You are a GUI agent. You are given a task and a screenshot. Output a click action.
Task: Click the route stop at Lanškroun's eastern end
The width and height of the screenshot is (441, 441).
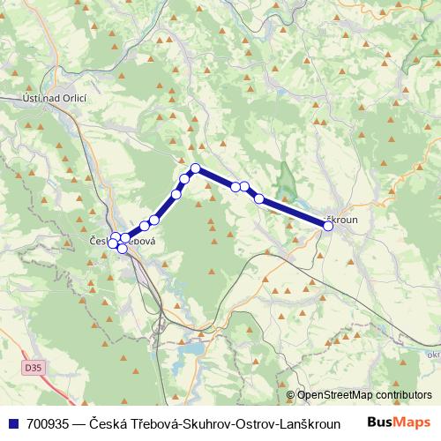coord(328,226)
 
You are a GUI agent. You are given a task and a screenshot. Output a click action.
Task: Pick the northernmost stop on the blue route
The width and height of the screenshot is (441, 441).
coord(196,168)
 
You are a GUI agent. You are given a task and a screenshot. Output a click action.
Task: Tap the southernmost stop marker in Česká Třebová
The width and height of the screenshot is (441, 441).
coord(122,250)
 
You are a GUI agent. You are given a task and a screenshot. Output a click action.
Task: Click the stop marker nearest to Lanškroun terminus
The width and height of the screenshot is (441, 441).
coord(259,198)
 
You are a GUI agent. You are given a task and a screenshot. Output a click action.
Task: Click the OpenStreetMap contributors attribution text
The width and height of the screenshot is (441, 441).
coord(364,395)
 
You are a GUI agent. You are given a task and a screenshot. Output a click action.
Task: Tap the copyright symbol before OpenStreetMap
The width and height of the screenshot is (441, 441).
coord(291,395)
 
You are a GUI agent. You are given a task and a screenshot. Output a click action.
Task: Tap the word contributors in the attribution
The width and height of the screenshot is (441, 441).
coord(401,395)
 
